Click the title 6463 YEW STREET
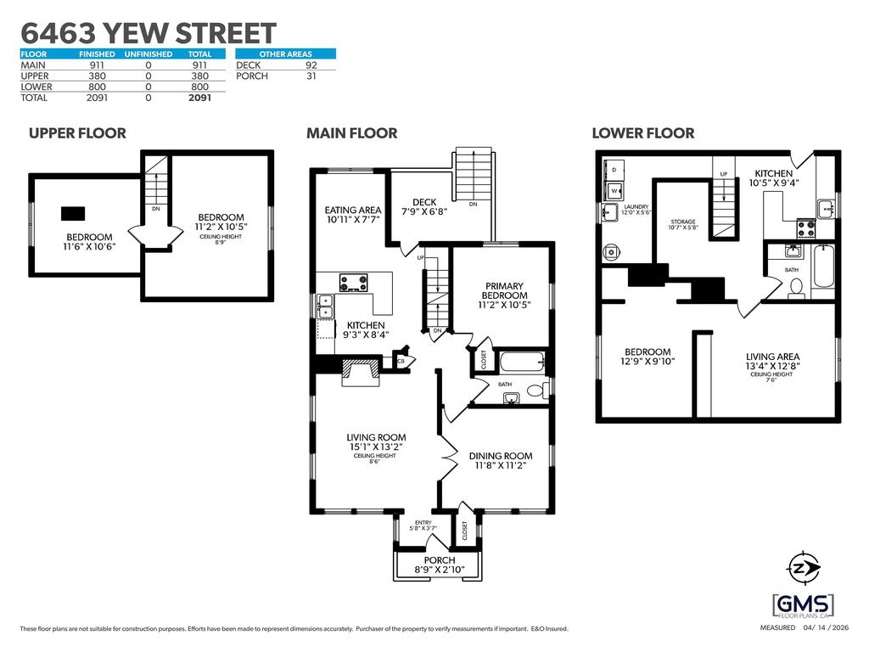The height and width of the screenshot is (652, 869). (149, 34)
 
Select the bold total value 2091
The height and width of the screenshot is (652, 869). (199, 98)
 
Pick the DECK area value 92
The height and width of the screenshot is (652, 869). (311, 65)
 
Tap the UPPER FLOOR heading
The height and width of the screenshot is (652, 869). (77, 133)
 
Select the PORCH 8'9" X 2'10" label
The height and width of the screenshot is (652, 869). (439, 565)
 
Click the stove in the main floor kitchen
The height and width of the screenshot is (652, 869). (354, 283)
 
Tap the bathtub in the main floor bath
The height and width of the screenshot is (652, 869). (521, 363)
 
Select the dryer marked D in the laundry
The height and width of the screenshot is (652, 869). (614, 170)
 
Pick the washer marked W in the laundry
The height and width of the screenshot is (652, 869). (613, 190)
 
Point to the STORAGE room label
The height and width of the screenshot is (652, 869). (682, 224)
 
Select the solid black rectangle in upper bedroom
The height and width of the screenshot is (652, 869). (75, 212)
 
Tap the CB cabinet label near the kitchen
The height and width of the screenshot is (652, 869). (401, 361)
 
